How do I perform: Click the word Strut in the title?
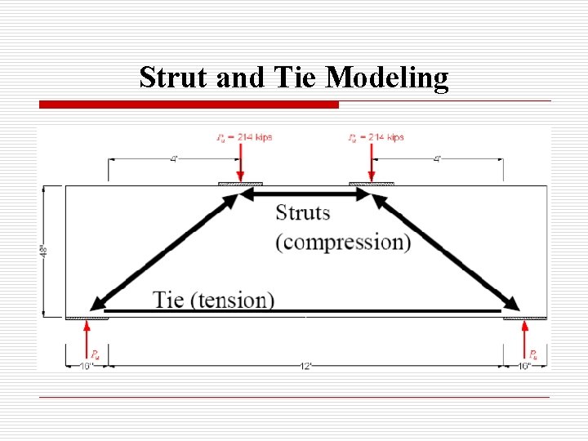pyautogui.click(x=174, y=78)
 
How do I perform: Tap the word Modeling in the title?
pyautogui.click(x=387, y=78)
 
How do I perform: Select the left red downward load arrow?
pyautogui.click(x=240, y=166)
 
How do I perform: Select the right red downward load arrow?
pyautogui.click(x=372, y=166)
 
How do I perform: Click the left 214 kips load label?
pyautogui.click(x=245, y=137)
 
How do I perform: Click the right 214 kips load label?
pyautogui.click(x=376, y=137)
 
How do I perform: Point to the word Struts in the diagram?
pyautogui.click(x=303, y=213)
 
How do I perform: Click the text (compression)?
pyautogui.click(x=343, y=243)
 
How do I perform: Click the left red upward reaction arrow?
pyautogui.click(x=87, y=339)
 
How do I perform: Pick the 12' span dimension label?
pyautogui.click(x=305, y=365)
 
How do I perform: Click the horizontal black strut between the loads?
pyautogui.click(x=305, y=195)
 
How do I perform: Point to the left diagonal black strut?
pyautogui.click(x=163, y=250)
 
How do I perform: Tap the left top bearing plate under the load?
pyautogui.click(x=240, y=185)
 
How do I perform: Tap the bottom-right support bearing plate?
pyautogui.click(x=523, y=317)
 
